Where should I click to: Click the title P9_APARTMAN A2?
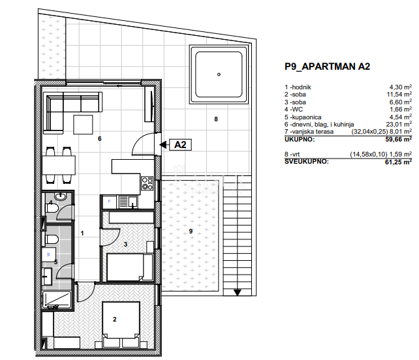click(x=327, y=67)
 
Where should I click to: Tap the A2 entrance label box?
click(x=180, y=145)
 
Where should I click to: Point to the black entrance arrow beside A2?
click(x=163, y=145)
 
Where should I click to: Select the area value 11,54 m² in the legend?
click(x=399, y=95)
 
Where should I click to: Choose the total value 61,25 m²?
click(x=398, y=162)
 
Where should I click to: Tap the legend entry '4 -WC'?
click(x=294, y=109)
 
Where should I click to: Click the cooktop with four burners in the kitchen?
click(x=147, y=183)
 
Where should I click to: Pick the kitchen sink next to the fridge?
click(x=128, y=202)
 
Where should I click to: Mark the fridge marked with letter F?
click(x=109, y=202)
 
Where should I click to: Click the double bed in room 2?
click(x=121, y=325)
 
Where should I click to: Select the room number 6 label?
click(x=100, y=139)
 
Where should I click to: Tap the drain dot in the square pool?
click(x=219, y=74)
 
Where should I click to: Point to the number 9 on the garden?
click(x=191, y=232)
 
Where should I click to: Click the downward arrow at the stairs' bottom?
click(x=238, y=292)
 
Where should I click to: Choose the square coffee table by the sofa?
click(x=83, y=125)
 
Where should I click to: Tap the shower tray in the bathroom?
click(x=56, y=300)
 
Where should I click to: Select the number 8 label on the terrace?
click(x=216, y=119)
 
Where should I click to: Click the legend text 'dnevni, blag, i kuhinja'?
click(x=323, y=125)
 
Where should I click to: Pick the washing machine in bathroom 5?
click(x=49, y=255)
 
